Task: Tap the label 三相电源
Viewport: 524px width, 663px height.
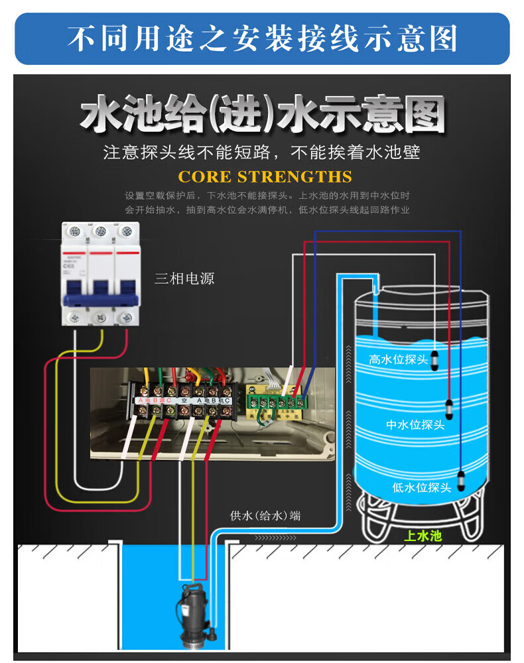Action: tap(184, 278)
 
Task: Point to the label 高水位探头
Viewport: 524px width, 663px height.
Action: tap(399, 359)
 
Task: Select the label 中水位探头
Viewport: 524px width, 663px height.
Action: tap(415, 425)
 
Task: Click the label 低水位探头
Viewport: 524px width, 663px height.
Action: tap(422, 488)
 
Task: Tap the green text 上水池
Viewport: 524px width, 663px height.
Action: tap(423, 536)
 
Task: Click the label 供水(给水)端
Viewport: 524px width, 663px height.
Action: tap(265, 515)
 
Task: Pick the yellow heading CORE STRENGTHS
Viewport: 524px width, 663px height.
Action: tap(265, 177)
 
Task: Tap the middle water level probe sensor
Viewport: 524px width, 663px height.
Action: tap(448, 409)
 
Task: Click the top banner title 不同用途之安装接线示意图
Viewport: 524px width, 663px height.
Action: tap(262, 38)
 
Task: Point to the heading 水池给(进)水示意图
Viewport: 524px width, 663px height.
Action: tap(262, 116)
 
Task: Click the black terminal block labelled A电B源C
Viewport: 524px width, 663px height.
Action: tap(155, 402)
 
